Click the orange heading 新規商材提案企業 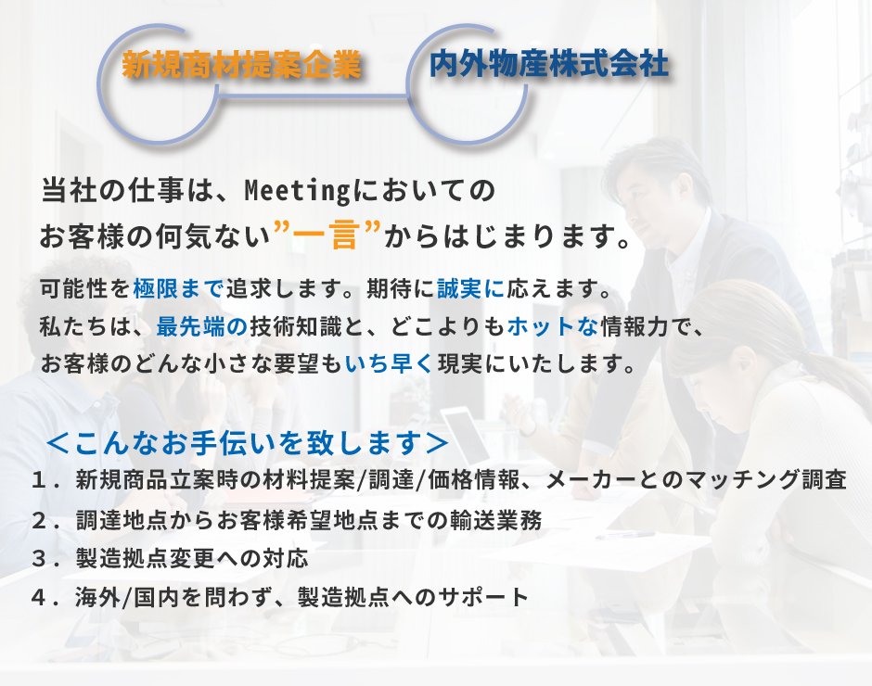(242, 65)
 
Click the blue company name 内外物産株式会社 (549, 63)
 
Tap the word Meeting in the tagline (297, 191)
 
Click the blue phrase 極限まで (178, 288)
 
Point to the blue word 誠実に (471, 288)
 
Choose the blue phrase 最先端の (202, 326)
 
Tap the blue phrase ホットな (553, 326)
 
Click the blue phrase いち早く (389, 364)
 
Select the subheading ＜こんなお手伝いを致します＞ (248, 443)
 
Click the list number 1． (45, 480)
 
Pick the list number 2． (45, 521)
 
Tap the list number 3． (45, 559)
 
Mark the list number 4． (45, 598)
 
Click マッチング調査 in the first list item (765, 480)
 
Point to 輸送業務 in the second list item (496, 521)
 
